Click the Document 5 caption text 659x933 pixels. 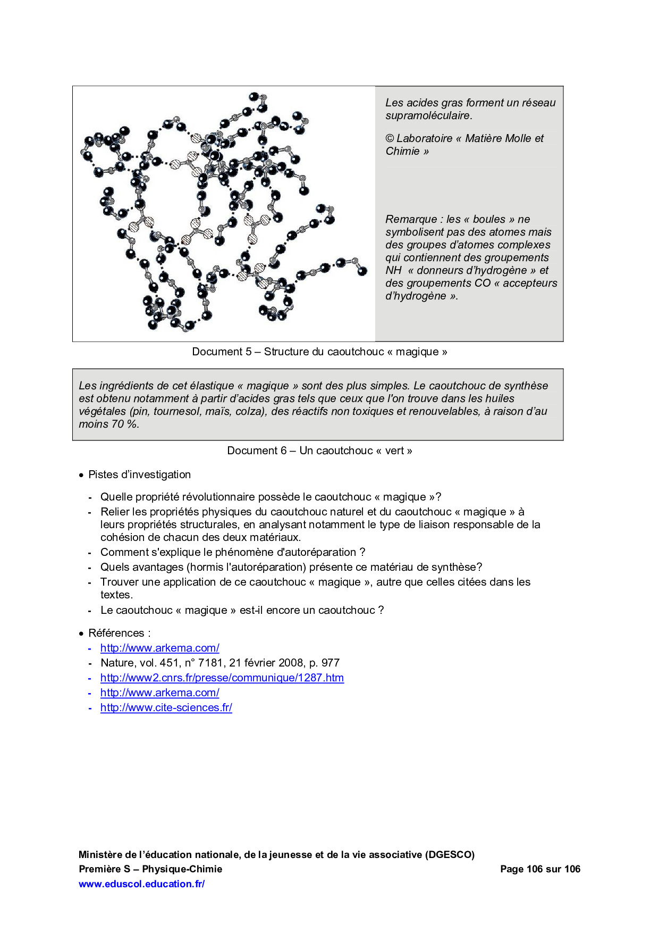click(319, 352)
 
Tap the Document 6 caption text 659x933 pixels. click(319, 451)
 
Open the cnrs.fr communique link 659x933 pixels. click(222, 678)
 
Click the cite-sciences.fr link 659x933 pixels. click(166, 707)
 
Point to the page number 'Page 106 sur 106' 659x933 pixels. click(540, 869)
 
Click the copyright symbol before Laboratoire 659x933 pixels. click(390, 138)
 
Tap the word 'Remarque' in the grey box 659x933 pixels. click(411, 219)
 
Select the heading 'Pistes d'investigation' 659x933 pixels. click(139, 474)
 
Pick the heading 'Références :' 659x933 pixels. click(119, 633)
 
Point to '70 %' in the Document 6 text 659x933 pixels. click(125, 424)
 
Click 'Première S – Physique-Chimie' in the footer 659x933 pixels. click(150, 869)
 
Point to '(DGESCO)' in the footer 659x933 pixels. click(450, 854)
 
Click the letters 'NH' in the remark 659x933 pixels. click(393, 270)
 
